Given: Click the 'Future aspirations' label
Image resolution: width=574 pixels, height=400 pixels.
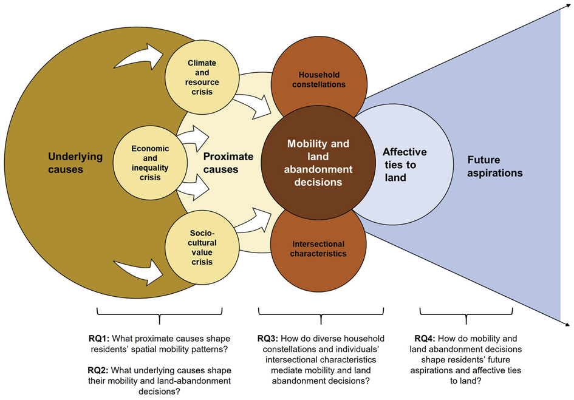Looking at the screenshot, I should click(x=494, y=165).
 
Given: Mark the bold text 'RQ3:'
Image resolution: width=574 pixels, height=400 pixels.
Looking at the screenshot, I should click(x=270, y=338).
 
